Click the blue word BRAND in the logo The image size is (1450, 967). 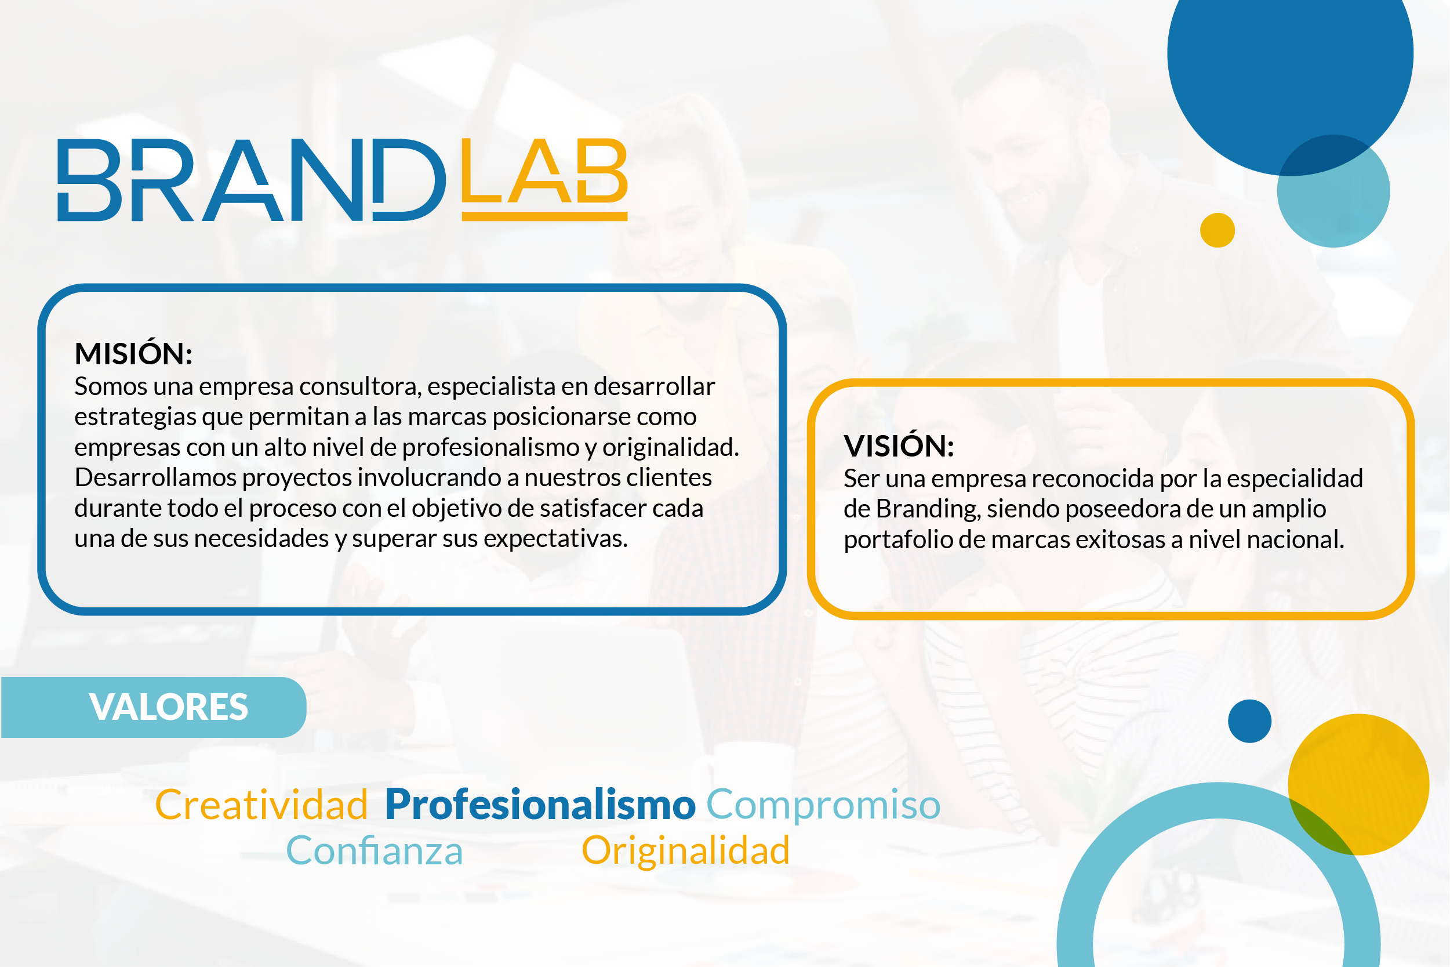coord(252,179)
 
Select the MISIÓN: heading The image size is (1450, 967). coord(133,354)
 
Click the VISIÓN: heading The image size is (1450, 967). coord(899,446)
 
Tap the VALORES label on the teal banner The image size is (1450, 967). coord(168,707)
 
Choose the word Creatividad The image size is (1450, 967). coord(261,805)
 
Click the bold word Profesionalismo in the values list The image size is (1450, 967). coord(540,805)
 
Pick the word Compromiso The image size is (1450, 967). coord(823,805)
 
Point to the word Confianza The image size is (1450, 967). coord(374,850)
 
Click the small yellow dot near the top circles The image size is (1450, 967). coord(1217,230)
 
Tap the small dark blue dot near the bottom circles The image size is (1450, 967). coord(1249,721)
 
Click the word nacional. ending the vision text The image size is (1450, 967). coord(1296,539)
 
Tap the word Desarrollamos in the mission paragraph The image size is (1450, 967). coord(155,478)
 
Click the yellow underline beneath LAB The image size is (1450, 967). coord(544,216)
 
